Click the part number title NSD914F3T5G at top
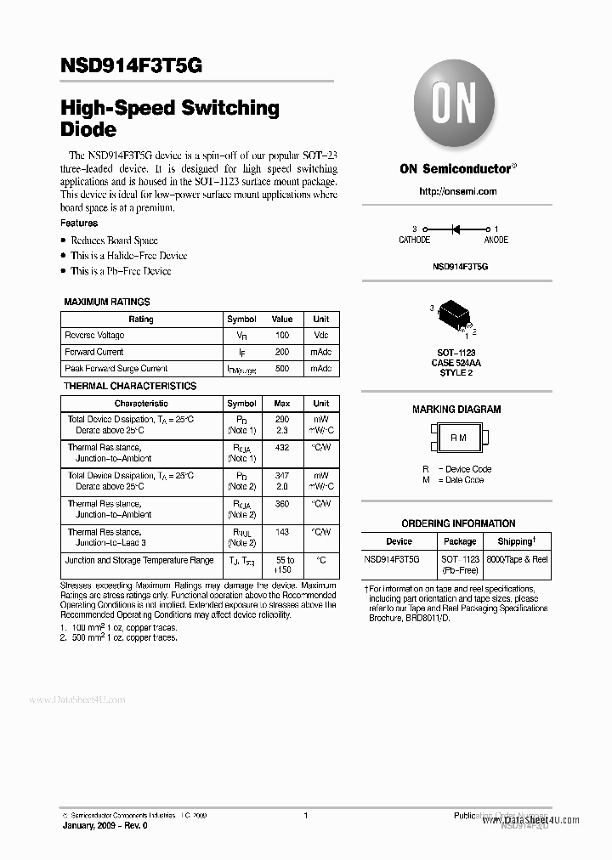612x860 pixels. pyautogui.click(x=132, y=65)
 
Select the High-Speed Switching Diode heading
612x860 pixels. pyautogui.click(x=170, y=119)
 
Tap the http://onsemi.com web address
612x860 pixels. pyautogui.click(x=458, y=191)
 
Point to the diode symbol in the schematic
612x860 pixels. pyautogui.click(x=456, y=229)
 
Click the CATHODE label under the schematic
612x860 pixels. pyautogui.click(x=415, y=240)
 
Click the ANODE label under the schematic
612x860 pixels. pyautogui.click(x=496, y=240)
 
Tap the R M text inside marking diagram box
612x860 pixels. pyautogui.click(x=458, y=438)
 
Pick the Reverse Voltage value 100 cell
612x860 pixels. pyautogui.click(x=282, y=335)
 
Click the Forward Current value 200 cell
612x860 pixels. pyautogui.click(x=282, y=352)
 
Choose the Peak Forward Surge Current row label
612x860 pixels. pyautogui.click(x=116, y=369)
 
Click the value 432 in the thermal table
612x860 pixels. pyautogui.click(x=282, y=447)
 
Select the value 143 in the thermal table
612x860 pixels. pyautogui.click(x=282, y=532)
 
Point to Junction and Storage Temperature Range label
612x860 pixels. pyautogui.click(x=139, y=560)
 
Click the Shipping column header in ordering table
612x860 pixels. pyautogui.click(x=516, y=541)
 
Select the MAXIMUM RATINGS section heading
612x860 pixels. pyautogui.click(x=107, y=302)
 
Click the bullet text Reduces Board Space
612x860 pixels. pyautogui.click(x=114, y=240)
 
